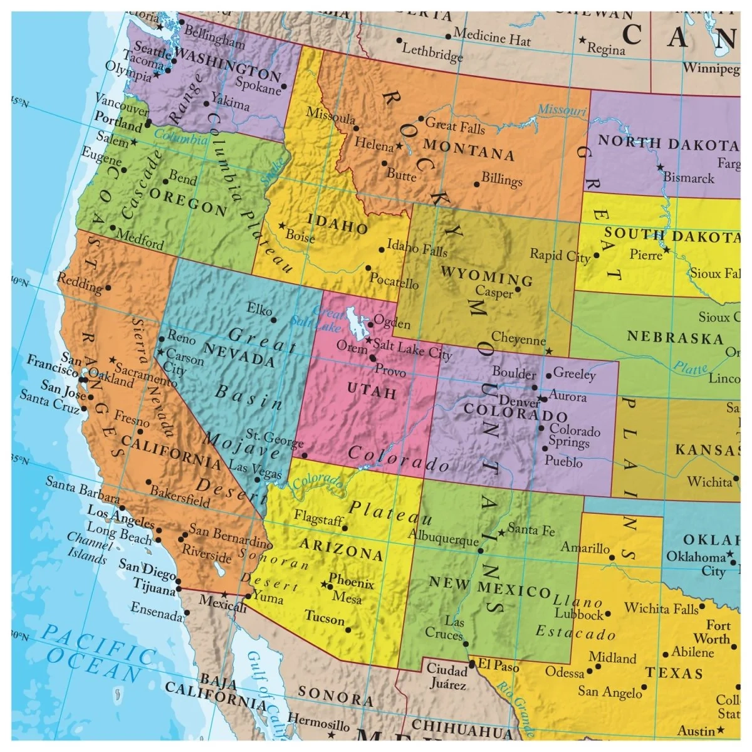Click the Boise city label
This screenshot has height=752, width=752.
coord(300,236)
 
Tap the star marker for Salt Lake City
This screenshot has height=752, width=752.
coord(368,341)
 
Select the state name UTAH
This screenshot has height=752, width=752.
coord(372,392)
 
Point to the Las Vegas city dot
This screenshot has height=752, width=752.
coord(257,480)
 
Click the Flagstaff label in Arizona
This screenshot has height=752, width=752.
coord(318,519)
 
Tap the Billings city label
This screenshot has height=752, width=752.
coord(502,180)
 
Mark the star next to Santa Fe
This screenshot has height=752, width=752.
coord(501,533)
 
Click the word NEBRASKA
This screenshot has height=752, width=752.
coord(676,338)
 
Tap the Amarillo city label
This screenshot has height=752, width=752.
coord(585,548)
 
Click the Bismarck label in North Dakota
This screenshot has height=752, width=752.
coord(689,177)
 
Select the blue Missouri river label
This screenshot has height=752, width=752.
coord(561,110)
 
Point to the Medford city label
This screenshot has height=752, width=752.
coord(140,238)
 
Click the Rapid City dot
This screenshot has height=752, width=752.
coord(596,256)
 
